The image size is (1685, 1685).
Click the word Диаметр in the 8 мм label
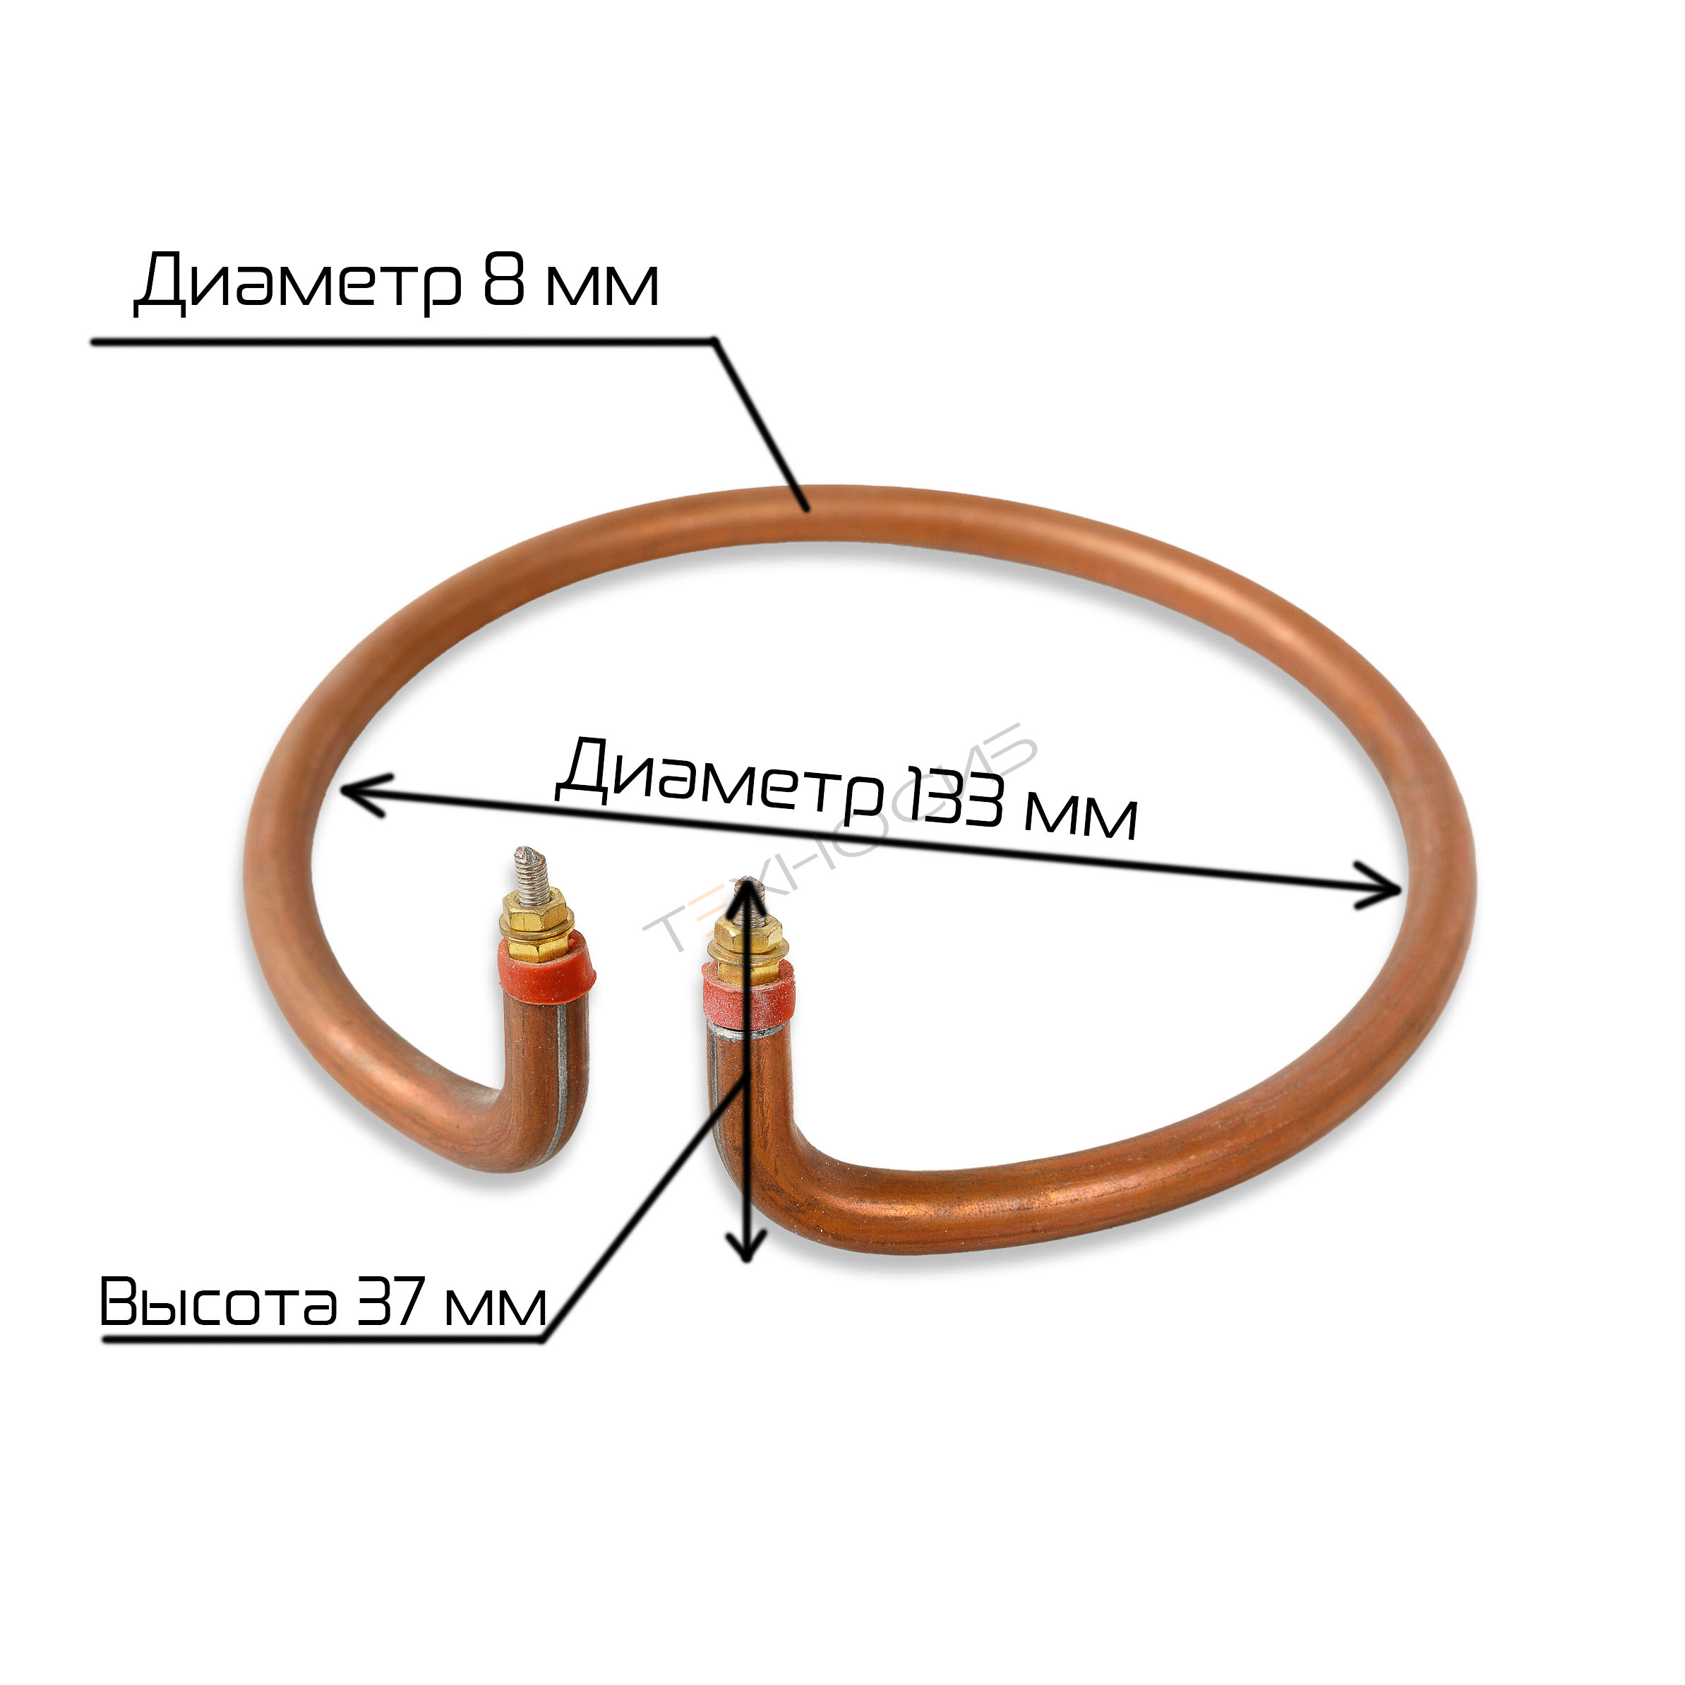(x=297, y=281)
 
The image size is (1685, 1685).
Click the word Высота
(x=219, y=1303)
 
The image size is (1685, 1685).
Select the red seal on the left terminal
(x=546, y=964)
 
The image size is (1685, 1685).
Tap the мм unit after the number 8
(x=601, y=284)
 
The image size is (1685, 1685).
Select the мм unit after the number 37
(x=495, y=1307)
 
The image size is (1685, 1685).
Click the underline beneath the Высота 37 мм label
(x=323, y=1341)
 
